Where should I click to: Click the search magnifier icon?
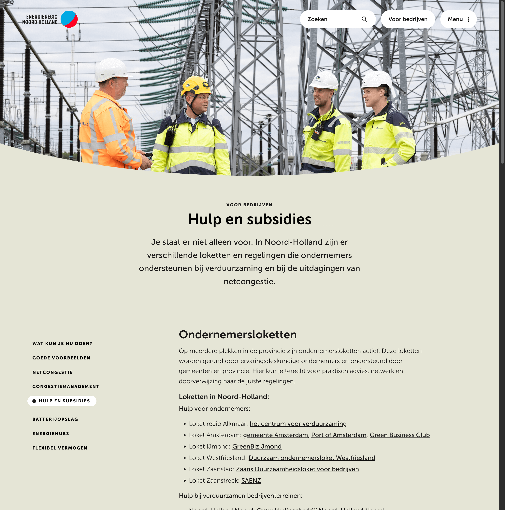[364, 19]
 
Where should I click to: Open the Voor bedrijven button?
[408, 19]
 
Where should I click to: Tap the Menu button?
[458, 19]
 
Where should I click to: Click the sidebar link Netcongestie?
[52, 372]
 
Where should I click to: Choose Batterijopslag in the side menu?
[55, 419]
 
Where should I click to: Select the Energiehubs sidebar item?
[51, 434]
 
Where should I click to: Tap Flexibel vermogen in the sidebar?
[60, 448]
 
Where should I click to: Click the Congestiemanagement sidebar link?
[66, 386]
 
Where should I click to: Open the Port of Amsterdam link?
[339, 435]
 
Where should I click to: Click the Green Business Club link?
[399, 435]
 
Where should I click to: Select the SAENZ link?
[251, 480]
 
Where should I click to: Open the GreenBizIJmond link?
[257, 446]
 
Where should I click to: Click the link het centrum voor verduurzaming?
[298, 424]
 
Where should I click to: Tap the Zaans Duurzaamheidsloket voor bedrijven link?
[297, 469]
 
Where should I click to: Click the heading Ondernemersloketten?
[238, 334]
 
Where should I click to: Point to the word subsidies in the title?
[279, 219]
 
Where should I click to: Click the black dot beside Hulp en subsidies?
[34, 401]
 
